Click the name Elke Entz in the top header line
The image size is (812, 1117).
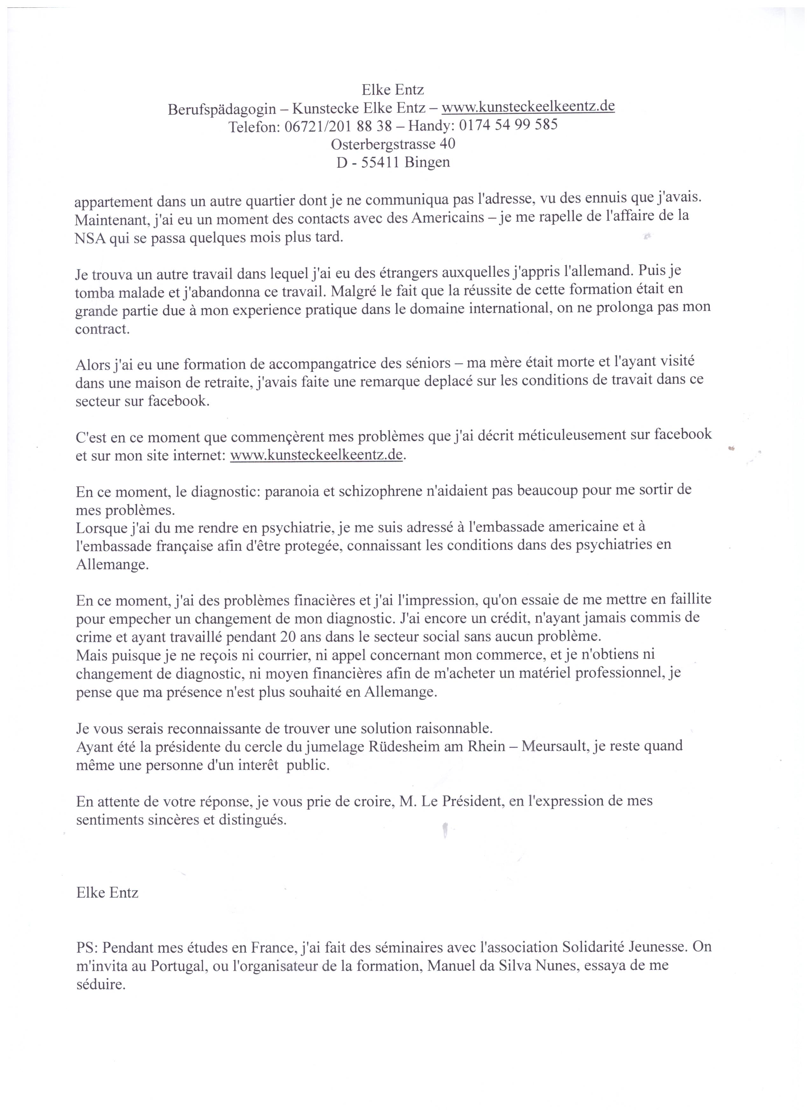coord(392,90)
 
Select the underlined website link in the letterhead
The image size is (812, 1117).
coord(528,107)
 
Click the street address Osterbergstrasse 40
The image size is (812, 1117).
coord(392,144)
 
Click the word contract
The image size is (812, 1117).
coord(102,329)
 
